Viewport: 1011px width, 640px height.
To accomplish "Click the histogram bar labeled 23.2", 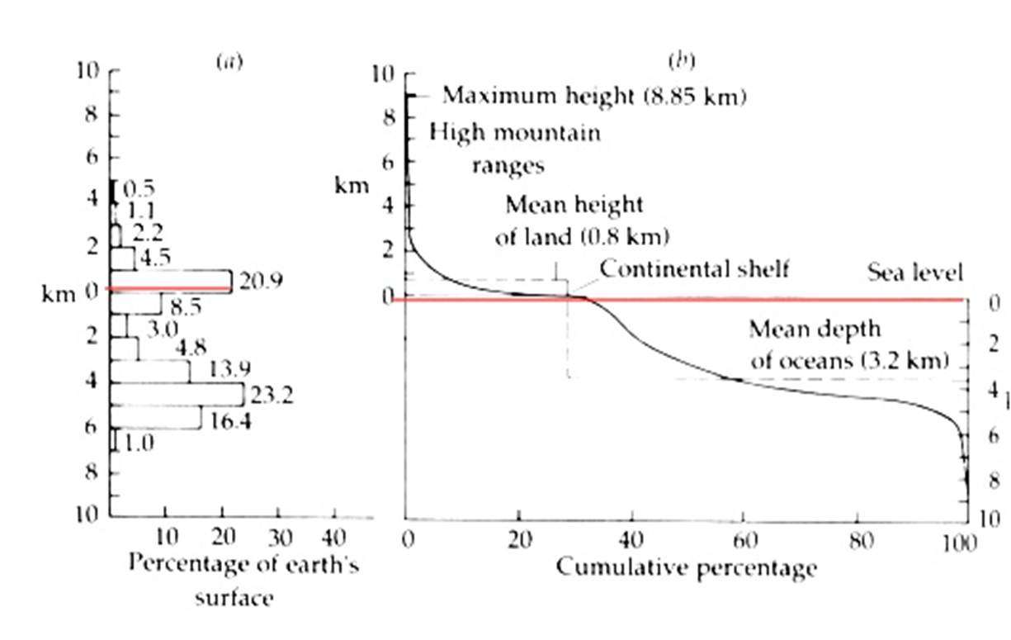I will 177,394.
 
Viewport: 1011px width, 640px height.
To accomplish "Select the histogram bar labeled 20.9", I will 171,281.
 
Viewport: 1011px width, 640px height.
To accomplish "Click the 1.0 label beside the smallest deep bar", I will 138,443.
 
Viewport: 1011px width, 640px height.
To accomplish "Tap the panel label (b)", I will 682,61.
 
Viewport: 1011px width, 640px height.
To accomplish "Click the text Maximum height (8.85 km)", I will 594,96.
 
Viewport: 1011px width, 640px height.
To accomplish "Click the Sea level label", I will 914,272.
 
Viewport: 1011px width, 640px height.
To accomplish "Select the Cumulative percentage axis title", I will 686,568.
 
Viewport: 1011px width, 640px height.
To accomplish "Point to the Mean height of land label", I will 581,220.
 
